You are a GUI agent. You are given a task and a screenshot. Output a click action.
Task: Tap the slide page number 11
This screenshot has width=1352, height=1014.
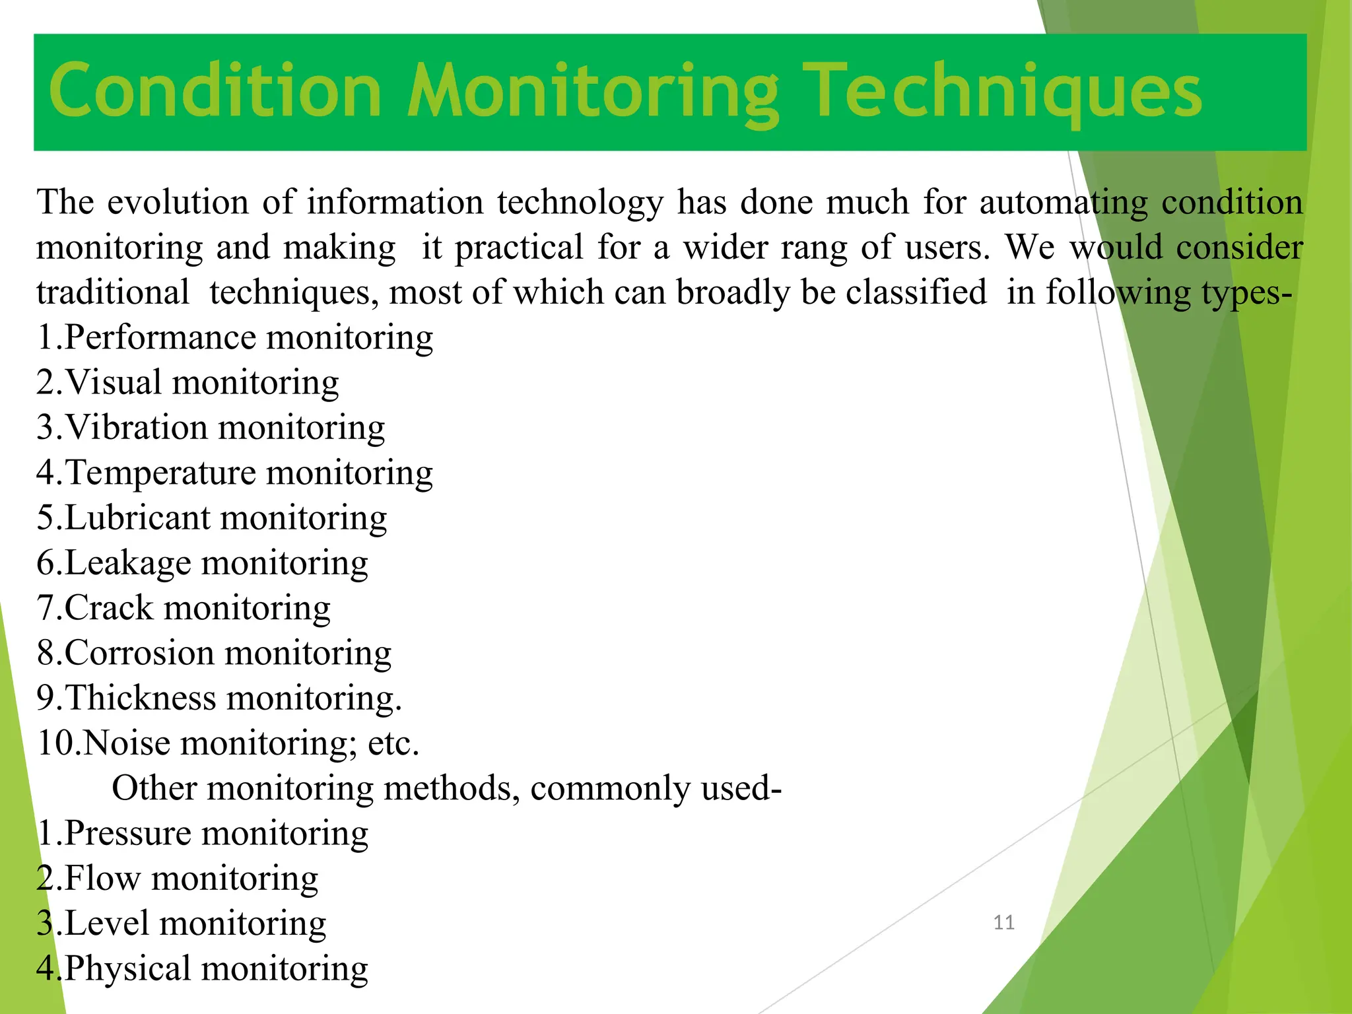(x=1003, y=922)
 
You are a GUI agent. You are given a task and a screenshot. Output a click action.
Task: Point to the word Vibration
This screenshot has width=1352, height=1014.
(x=136, y=427)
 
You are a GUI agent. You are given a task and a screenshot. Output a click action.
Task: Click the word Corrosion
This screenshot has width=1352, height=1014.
(x=139, y=653)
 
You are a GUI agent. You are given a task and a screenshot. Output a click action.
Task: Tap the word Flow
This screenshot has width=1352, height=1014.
(x=102, y=878)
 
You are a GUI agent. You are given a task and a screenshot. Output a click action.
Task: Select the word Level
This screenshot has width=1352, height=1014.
(x=106, y=923)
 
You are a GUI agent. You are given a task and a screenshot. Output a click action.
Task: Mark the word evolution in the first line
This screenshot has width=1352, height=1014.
(x=178, y=202)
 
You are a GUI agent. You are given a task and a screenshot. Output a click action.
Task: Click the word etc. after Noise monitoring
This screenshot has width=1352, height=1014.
(x=393, y=743)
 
